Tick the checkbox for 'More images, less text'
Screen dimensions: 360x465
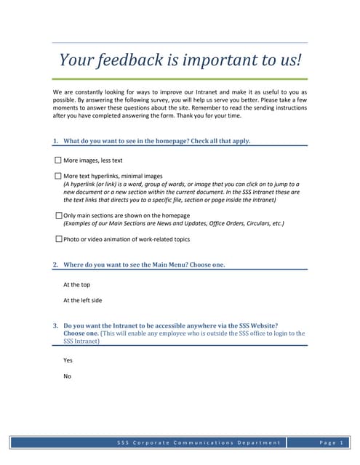58,160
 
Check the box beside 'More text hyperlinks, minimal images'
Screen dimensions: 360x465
58,176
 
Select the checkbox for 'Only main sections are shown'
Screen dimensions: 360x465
58,216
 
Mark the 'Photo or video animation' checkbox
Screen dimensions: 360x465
58,238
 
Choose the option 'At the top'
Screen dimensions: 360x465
76,285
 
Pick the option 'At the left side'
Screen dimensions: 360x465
82,300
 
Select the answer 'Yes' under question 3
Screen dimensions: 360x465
68,360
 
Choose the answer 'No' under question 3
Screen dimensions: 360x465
67,376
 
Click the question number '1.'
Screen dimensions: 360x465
56,141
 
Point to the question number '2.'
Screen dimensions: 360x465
56,265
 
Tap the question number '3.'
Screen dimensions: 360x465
56,325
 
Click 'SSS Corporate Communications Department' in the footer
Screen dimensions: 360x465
198,442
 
